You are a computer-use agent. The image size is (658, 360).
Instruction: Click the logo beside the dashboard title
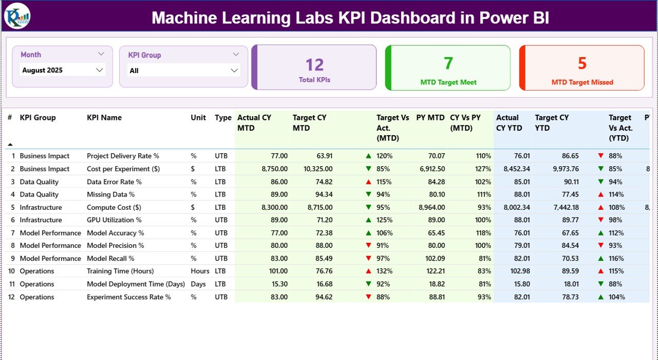17,16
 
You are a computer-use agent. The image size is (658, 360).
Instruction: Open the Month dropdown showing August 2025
62,70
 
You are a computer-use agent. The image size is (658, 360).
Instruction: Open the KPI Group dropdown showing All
183,70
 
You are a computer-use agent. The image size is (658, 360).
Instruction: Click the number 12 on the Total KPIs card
315,65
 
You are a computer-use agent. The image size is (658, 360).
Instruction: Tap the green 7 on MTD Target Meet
448,63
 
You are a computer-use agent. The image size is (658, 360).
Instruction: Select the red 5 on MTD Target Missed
582,63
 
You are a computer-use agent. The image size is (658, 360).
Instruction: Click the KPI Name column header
104,118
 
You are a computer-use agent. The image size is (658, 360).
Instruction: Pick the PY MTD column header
430,118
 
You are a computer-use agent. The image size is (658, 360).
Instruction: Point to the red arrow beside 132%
368,271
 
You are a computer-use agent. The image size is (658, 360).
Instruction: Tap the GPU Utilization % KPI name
114,220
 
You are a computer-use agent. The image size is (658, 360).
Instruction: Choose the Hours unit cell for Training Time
199,271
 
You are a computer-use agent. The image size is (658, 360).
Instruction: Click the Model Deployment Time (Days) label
136,284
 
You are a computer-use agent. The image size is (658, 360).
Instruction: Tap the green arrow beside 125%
368,220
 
